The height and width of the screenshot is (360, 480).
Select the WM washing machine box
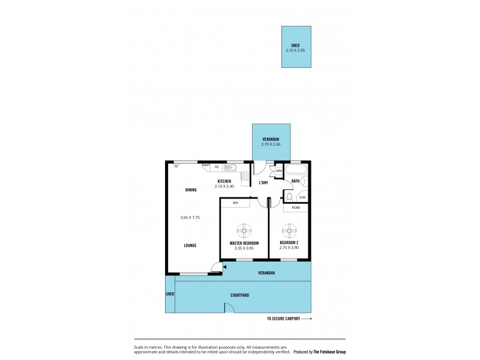tap(279, 172)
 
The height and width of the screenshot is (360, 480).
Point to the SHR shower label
tap(302, 197)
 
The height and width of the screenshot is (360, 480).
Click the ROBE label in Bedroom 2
tap(296, 208)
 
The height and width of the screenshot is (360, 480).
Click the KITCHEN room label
tap(224, 181)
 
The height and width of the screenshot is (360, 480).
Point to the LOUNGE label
tap(190, 245)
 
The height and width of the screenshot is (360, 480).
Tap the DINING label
tap(191, 190)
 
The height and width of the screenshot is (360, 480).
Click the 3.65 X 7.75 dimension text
tap(190, 217)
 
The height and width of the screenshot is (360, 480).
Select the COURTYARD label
tap(239, 295)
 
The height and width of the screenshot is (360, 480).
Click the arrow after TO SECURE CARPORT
tap(306, 319)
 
